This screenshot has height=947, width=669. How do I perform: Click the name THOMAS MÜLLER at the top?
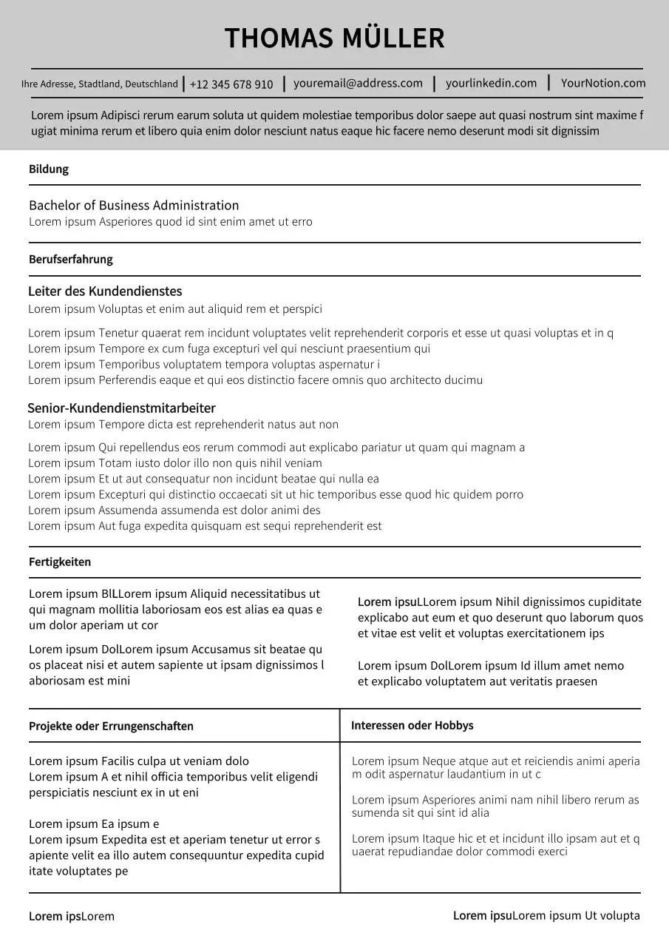[x=334, y=38]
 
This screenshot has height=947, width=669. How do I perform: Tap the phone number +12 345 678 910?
[x=231, y=84]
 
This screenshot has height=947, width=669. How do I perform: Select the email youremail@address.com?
[x=358, y=84]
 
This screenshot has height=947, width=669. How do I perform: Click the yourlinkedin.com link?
[x=491, y=84]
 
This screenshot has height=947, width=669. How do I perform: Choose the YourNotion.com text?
[x=602, y=84]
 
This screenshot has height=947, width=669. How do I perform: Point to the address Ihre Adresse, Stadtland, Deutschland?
[x=100, y=84]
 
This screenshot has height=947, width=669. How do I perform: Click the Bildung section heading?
[x=49, y=169]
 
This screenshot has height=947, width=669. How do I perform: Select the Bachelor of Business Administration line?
[x=134, y=206]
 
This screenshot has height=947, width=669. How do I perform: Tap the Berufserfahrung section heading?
[x=71, y=260]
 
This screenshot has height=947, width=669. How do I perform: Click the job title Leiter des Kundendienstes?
[x=105, y=291]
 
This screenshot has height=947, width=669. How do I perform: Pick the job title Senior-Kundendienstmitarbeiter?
[x=121, y=408]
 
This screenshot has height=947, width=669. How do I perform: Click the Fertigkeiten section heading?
[x=60, y=562]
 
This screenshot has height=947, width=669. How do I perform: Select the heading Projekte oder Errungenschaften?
[x=111, y=727]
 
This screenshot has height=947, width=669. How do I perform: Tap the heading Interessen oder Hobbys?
[x=412, y=726]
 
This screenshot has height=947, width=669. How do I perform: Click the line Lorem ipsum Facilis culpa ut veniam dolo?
[x=139, y=761]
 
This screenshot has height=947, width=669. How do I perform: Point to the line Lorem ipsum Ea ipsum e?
[x=94, y=824]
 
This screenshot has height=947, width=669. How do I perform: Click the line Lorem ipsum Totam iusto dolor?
[x=175, y=463]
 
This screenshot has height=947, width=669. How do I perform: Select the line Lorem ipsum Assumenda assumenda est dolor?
[x=174, y=510]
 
